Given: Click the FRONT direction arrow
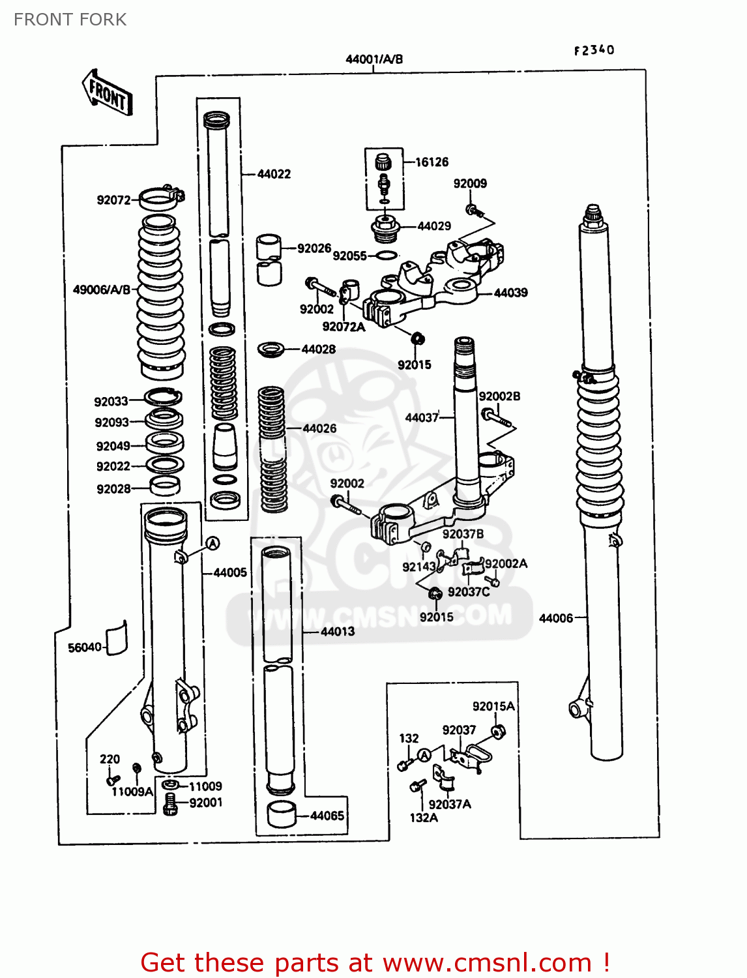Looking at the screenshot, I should click(107, 93).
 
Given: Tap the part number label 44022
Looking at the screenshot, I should click(274, 174).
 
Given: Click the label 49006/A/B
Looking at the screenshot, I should click(102, 289).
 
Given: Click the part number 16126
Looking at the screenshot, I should click(432, 162).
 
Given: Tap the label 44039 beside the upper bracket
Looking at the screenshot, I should click(510, 293).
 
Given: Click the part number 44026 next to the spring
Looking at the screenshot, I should click(319, 428).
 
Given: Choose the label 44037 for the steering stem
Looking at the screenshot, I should click(422, 417).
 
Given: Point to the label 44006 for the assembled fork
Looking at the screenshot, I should click(555, 618).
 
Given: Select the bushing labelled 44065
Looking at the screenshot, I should click(282, 815).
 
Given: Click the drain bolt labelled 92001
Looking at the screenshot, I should click(170, 804).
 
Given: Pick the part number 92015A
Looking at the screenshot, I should click(493, 706).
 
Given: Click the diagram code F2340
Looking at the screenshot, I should click(594, 50).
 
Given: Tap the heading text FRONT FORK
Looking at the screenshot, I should click(70, 20).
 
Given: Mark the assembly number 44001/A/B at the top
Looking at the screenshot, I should click(373, 59).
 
